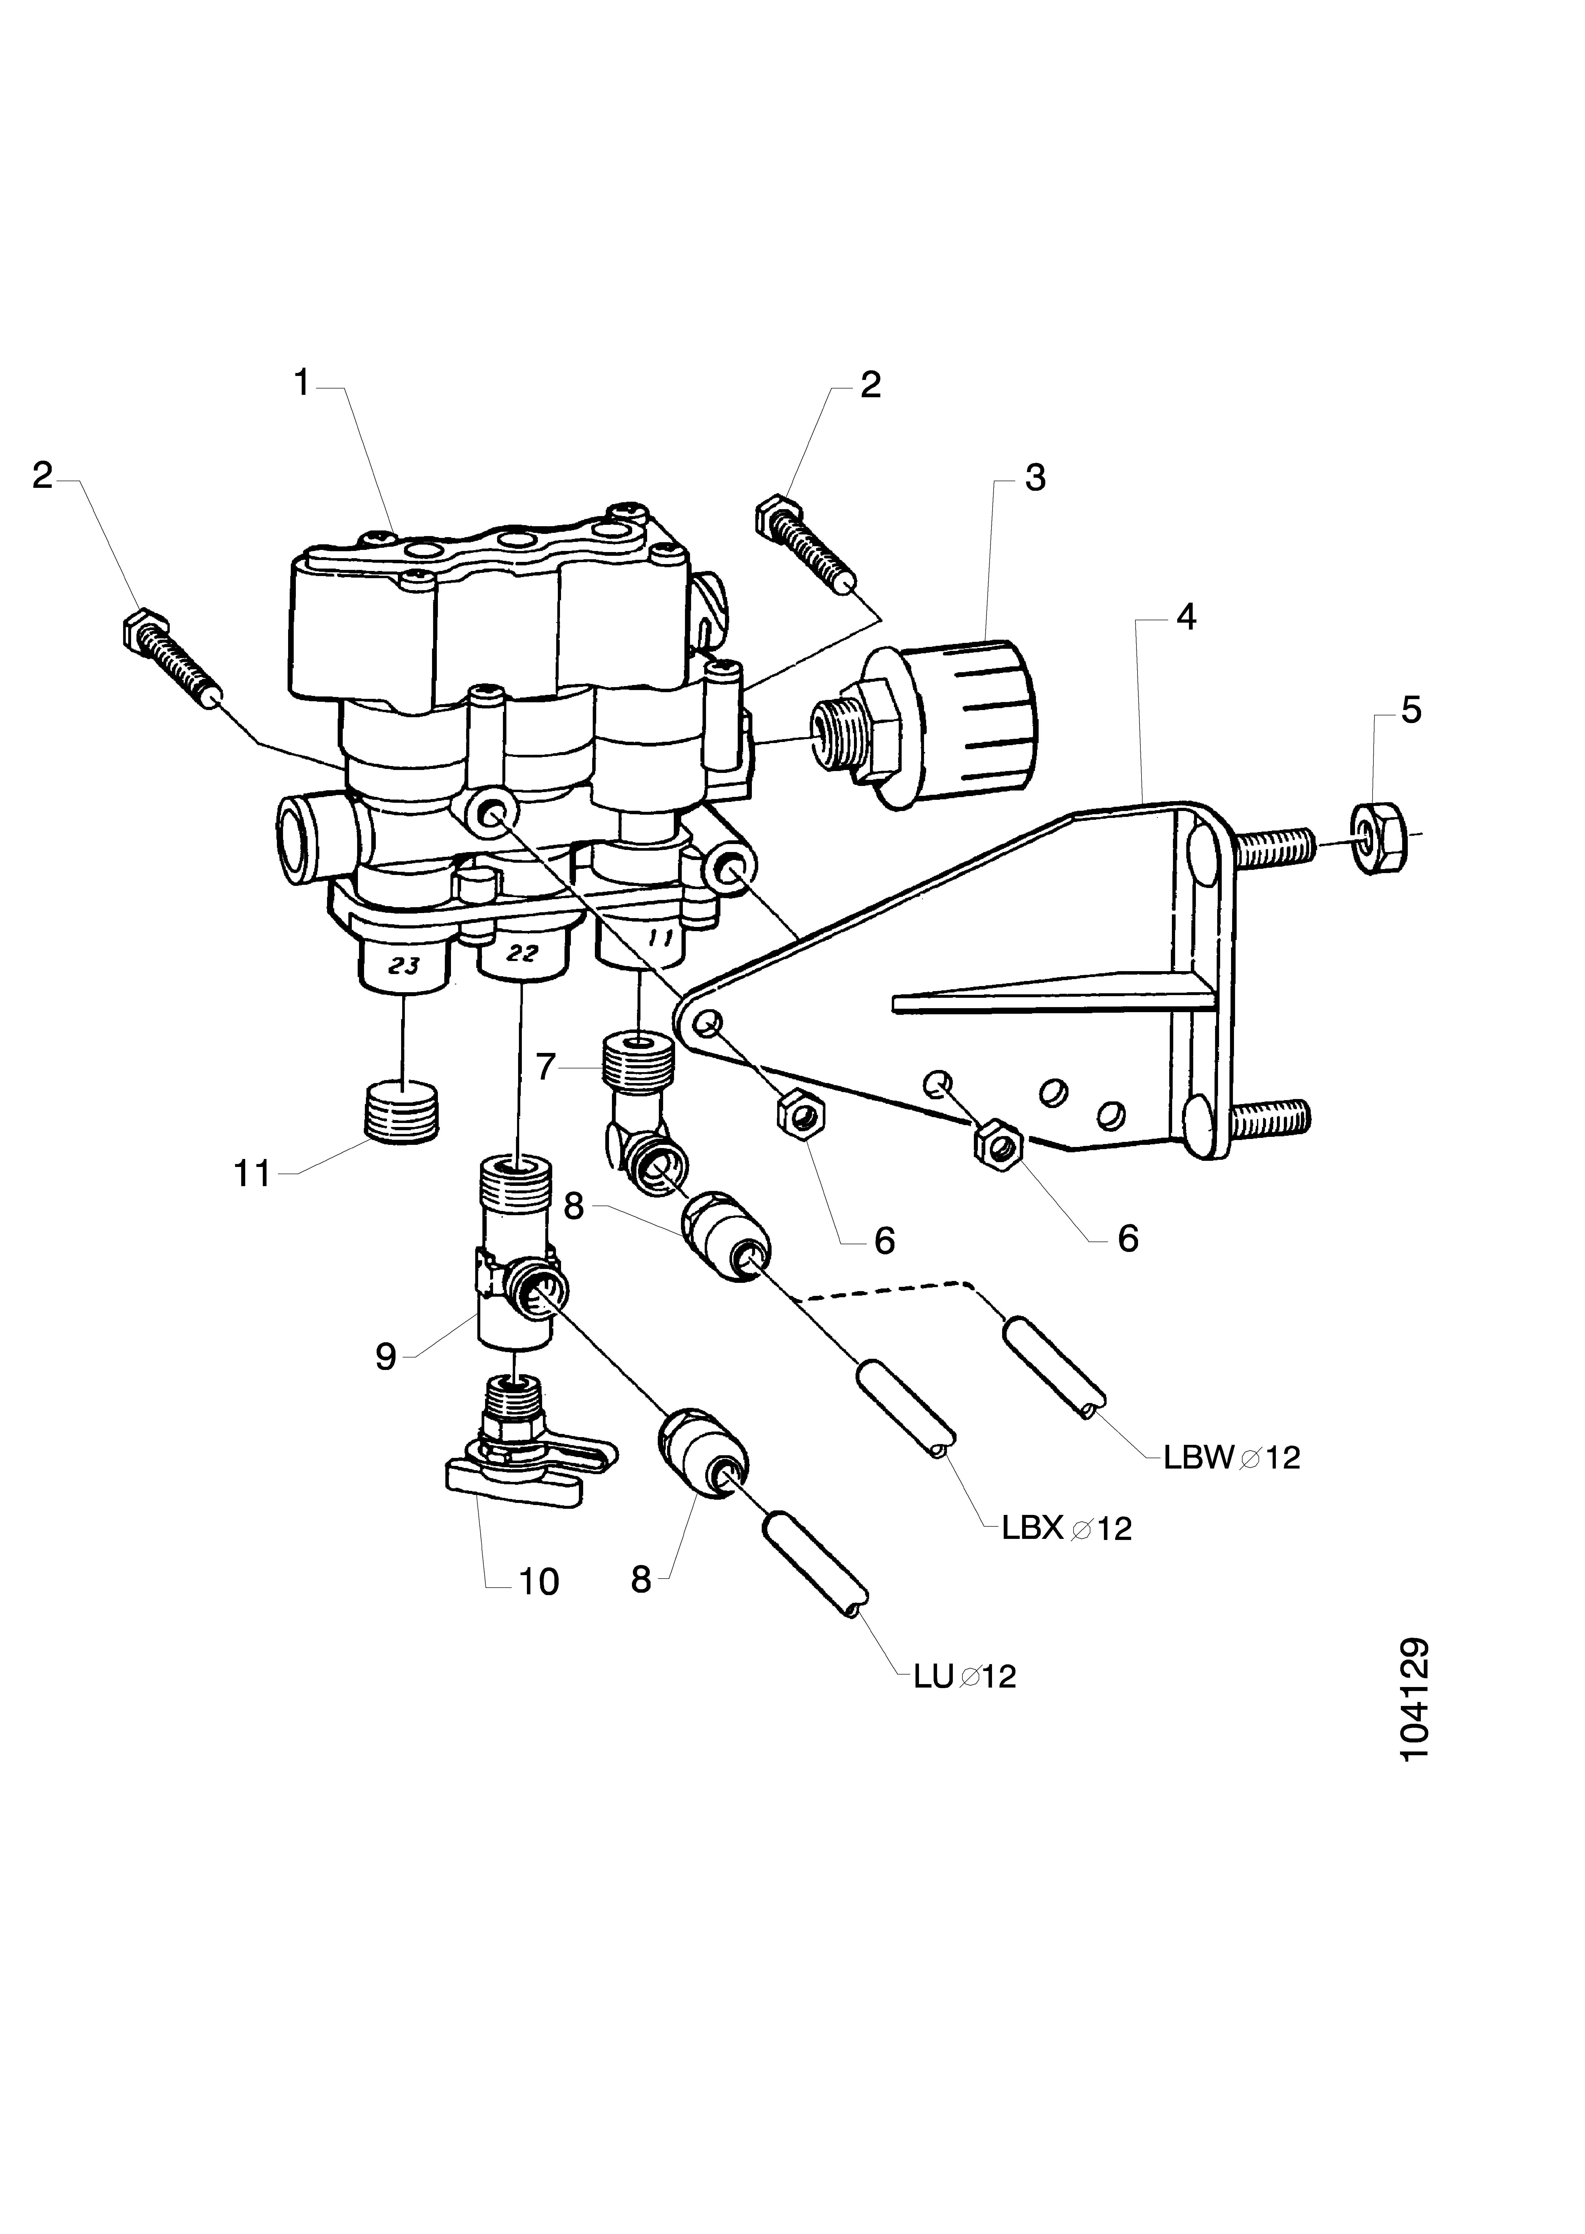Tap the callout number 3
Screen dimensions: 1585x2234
tap(1035, 479)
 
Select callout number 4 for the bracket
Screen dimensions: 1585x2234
tap(1185, 617)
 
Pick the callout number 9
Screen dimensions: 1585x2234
tap(386, 1357)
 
